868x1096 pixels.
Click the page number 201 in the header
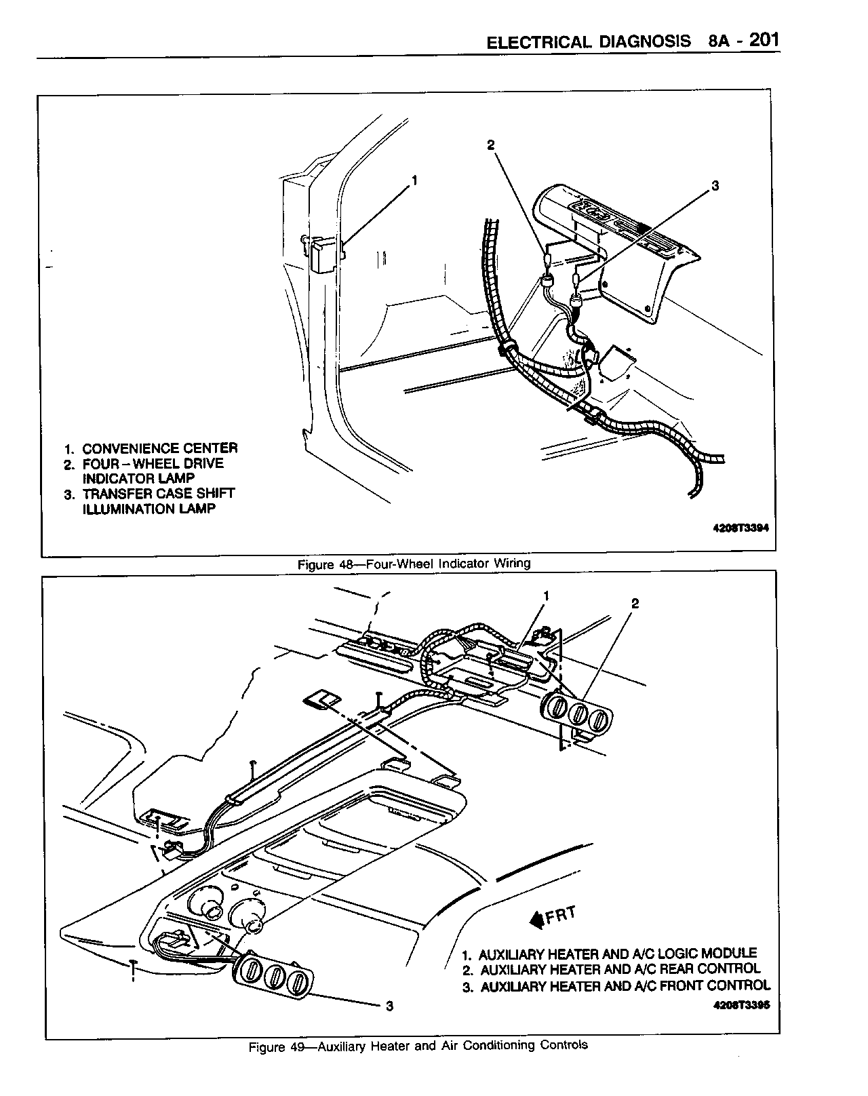pos(764,40)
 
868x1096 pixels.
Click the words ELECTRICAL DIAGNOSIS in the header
pos(589,42)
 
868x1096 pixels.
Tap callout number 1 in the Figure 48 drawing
pos(414,181)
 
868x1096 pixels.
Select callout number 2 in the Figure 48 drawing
pos(491,144)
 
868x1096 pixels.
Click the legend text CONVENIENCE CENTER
pos(159,448)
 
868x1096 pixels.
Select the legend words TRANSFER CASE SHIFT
pos(158,494)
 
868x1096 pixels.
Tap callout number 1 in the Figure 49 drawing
pos(546,596)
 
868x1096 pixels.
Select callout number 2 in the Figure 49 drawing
pos(635,603)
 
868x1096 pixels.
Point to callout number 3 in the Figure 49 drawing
pos(389,1006)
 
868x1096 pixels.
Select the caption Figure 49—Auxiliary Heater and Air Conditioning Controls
pos(418,1045)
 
